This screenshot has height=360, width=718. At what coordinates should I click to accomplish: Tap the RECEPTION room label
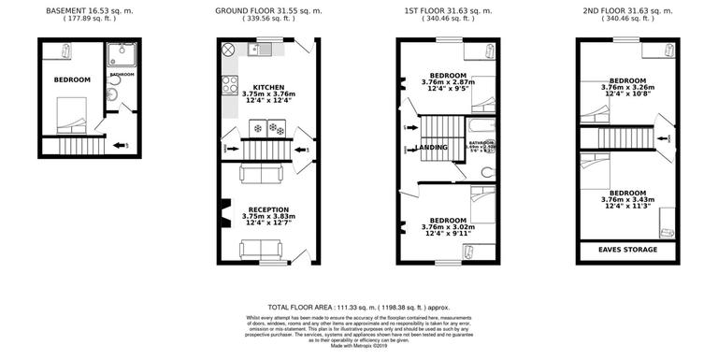coord(267,209)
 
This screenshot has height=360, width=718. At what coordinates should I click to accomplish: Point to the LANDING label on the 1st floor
coord(430,148)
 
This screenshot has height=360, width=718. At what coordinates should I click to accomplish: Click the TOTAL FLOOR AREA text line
coord(358,307)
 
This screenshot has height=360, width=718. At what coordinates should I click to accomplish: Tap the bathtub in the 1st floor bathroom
coord(476,125)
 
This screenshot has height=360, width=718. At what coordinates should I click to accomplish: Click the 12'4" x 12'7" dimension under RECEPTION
coord(267,223)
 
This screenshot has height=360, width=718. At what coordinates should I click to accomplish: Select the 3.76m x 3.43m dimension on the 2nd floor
coord(626,197)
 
